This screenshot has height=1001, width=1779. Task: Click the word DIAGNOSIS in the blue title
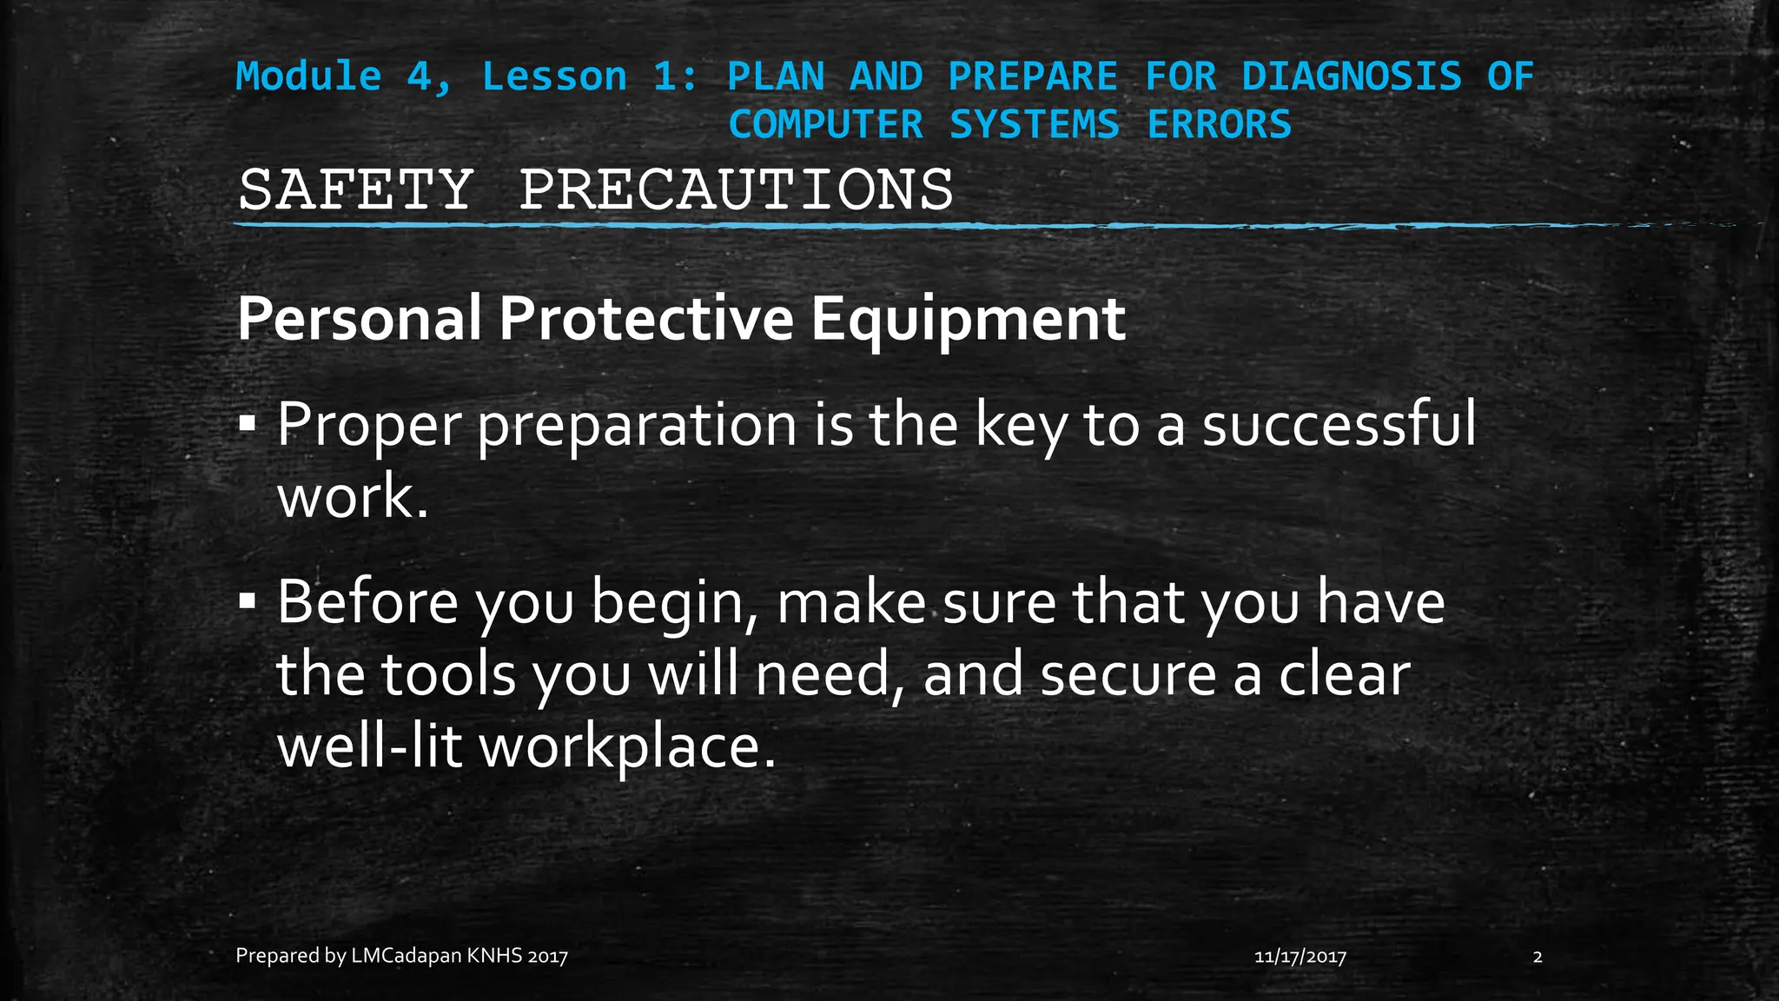coord(1352,76)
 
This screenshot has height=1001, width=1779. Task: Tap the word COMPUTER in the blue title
coord(825,125)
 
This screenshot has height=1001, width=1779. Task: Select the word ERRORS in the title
coord(1219,125)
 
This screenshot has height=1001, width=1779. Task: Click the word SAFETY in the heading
coord(356,190)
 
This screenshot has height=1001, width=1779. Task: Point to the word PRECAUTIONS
coord(736,190)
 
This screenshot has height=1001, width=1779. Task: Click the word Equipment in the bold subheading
coord(968,320)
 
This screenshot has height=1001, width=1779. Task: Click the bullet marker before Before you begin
coord(248,601)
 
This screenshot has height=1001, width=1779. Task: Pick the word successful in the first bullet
coord(1339,425)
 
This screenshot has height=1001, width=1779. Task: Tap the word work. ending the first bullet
coord(353,498)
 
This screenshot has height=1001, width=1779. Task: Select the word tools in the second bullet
coord(449,675)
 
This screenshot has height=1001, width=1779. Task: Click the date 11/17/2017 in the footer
coord(1300,958)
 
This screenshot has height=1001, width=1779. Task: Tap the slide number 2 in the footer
coord(1538,958)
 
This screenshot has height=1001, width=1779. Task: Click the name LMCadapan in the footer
coord(407,956)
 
